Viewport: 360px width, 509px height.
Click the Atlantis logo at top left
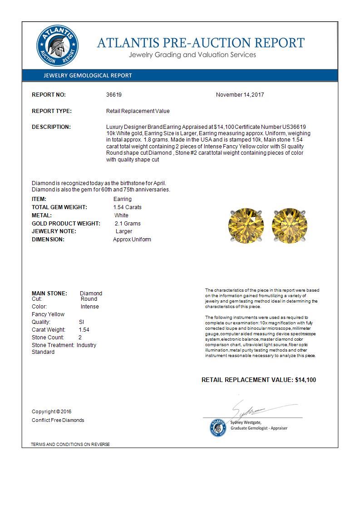57,46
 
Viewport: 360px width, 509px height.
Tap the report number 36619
114,95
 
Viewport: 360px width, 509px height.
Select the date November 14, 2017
240,95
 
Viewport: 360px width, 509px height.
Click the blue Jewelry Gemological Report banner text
88,75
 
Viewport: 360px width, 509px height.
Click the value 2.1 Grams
128,224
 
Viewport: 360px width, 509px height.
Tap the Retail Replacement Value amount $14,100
306,380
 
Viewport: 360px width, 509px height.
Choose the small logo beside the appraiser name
217,427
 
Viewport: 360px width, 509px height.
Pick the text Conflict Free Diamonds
58,420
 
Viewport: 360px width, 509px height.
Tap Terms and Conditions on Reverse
70,444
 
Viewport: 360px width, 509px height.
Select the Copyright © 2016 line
52,411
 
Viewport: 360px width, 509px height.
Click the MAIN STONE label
49,293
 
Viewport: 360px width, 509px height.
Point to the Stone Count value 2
80,338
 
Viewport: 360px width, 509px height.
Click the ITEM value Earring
123,199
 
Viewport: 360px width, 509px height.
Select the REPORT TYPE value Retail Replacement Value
138,111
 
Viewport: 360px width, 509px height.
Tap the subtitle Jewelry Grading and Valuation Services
192,55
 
